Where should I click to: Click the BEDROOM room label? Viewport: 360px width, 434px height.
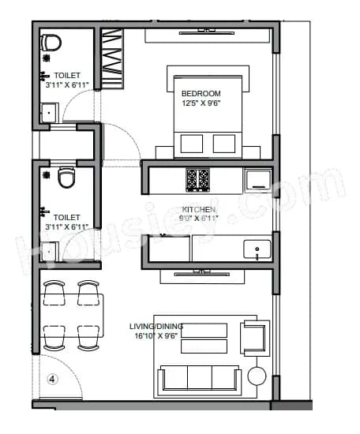201,93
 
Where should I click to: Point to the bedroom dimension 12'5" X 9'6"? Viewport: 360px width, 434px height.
201,103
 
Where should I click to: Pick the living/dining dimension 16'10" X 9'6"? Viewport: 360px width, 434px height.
156,335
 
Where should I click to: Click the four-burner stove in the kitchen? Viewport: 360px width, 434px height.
197,180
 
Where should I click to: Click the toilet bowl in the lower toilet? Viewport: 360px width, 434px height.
66,178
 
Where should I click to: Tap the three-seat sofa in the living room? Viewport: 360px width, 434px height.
201,378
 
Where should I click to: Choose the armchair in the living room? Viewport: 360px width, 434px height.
254,334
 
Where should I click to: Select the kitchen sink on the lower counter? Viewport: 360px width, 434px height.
257,250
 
